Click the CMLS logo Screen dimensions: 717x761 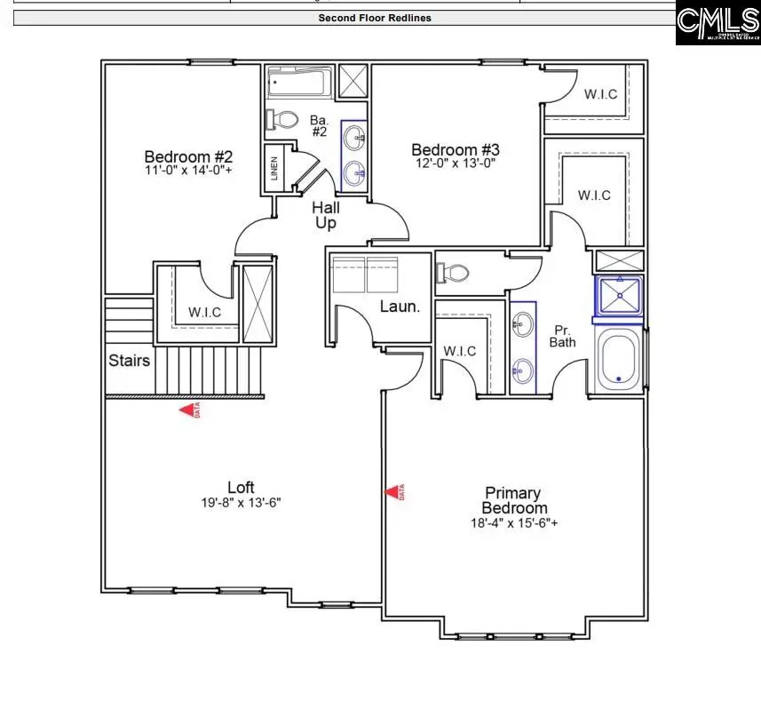pyautogui.click(x=717, y=23)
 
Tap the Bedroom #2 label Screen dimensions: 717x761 pyautogui.click(x=188, y=154)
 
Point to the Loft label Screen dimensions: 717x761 pyautogui.click(x=241, y=488)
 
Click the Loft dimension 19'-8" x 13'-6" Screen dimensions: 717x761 pyautogui.click(x=241, y=503)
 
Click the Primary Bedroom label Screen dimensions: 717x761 pyautogui.click(x=513, y=500)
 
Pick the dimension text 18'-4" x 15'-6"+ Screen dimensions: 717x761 pyautogui.click(x=514, y=523)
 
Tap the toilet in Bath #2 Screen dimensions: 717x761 pyautogui.click(x=283, y=119)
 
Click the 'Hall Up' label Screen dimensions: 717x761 pyautogui.click(x=326, y=216)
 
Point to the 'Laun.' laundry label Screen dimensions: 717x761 pyautogui.click(x=400, y=307)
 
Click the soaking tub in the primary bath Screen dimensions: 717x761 pyautogui.click(x=618, y=359)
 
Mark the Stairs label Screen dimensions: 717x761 pyautogui.click(x=130, y=361)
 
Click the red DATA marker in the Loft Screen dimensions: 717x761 pyautogui.click(x=188, y=410)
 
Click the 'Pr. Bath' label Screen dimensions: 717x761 pyautogui.click(x=562, y=336)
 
